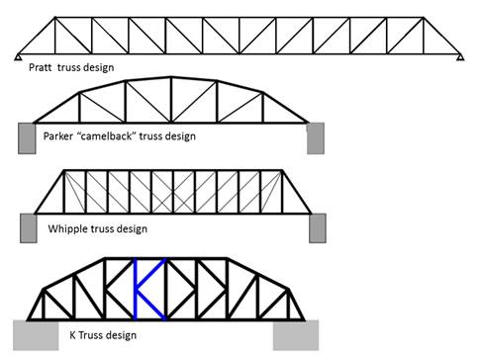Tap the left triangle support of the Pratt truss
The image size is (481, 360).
(19, 57)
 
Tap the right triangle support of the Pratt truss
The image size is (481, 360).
(460, 57)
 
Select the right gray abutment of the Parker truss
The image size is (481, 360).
(317, 137)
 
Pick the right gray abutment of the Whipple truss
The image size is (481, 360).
(317, 227)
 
